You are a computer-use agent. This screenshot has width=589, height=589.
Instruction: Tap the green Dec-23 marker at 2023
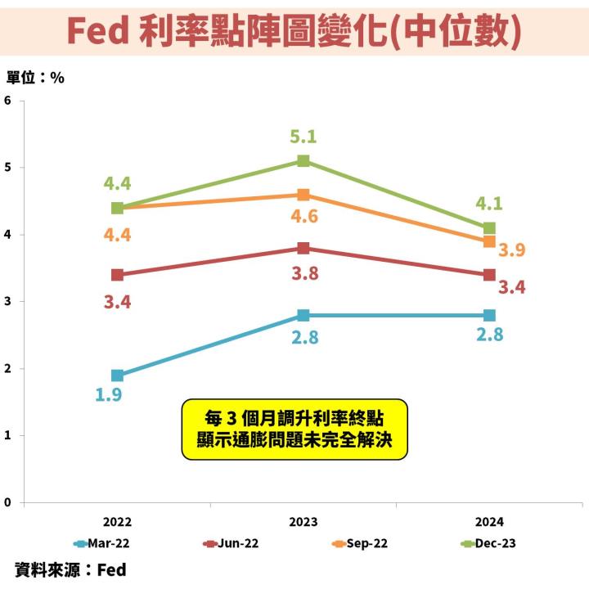pos(303,161)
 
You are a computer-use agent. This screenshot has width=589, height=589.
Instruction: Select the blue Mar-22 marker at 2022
pos(118,375)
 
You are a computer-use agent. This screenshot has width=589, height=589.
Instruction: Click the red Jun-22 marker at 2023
pos(303,249)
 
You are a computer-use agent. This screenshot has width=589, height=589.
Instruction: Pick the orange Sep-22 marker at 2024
pos(489,241)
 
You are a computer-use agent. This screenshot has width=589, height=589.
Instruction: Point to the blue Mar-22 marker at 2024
pos(489,315)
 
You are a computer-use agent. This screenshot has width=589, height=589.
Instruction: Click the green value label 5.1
pos(303,137)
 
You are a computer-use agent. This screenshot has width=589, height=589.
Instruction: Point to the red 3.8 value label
pos(304,273)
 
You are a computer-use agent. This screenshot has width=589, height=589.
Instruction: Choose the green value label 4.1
pos(488,204)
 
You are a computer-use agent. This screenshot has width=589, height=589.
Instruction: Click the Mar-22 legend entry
pos(103,542)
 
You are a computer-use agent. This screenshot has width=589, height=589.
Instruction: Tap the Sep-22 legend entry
pos(360,542)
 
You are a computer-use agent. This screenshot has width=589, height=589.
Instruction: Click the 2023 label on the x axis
pos(303,521)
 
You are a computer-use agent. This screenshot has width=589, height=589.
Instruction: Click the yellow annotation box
pos(294,429)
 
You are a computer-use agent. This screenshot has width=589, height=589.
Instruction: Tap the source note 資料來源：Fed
pos(70,569)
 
